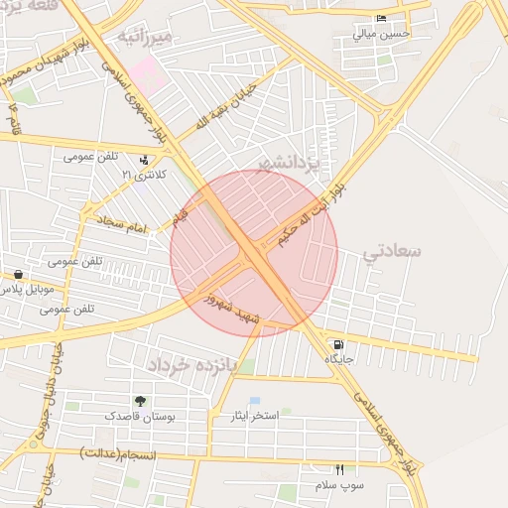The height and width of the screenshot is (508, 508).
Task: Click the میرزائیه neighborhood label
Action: click(x=146, y=37)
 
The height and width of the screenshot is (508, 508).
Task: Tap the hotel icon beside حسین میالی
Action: click(x=381, y=20)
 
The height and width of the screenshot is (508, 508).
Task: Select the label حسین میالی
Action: click(x=380, y=35)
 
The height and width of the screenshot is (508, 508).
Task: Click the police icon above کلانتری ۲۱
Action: click(x=146, y=160)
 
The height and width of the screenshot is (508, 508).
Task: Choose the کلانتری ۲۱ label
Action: click(x=140, y=175)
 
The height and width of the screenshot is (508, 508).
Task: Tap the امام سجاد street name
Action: click(x=122, y=227)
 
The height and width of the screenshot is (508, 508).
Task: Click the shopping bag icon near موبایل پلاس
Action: click(x=18, y=275)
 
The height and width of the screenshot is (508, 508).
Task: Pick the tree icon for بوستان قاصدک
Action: click(x=139, y=402)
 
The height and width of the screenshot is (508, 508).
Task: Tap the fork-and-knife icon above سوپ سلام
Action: click(x=340, y=469)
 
